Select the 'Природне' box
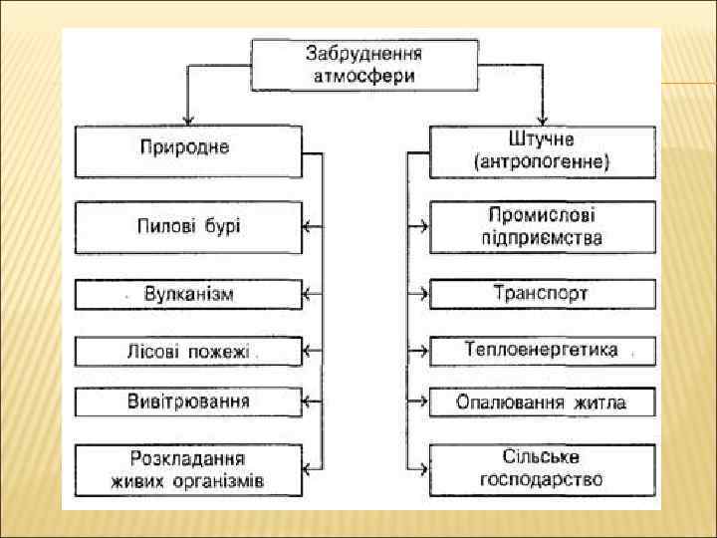coord(188,150)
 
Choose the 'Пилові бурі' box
coord(188,226)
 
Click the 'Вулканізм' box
coord(188,294)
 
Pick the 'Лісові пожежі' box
coord(188,351)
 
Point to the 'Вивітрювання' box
coord(188,402)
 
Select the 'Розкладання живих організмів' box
coord(188,470)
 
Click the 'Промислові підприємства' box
coord(543,226)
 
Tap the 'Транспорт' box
coord(543,294)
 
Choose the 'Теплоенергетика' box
coord(543,351)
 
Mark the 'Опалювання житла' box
coord(543,402)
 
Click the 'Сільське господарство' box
coord(543,470)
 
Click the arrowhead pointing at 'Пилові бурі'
coord(308,226)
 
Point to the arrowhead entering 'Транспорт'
coord(424,294)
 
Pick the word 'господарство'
coord(542,481)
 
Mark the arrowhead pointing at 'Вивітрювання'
coord(308,402)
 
